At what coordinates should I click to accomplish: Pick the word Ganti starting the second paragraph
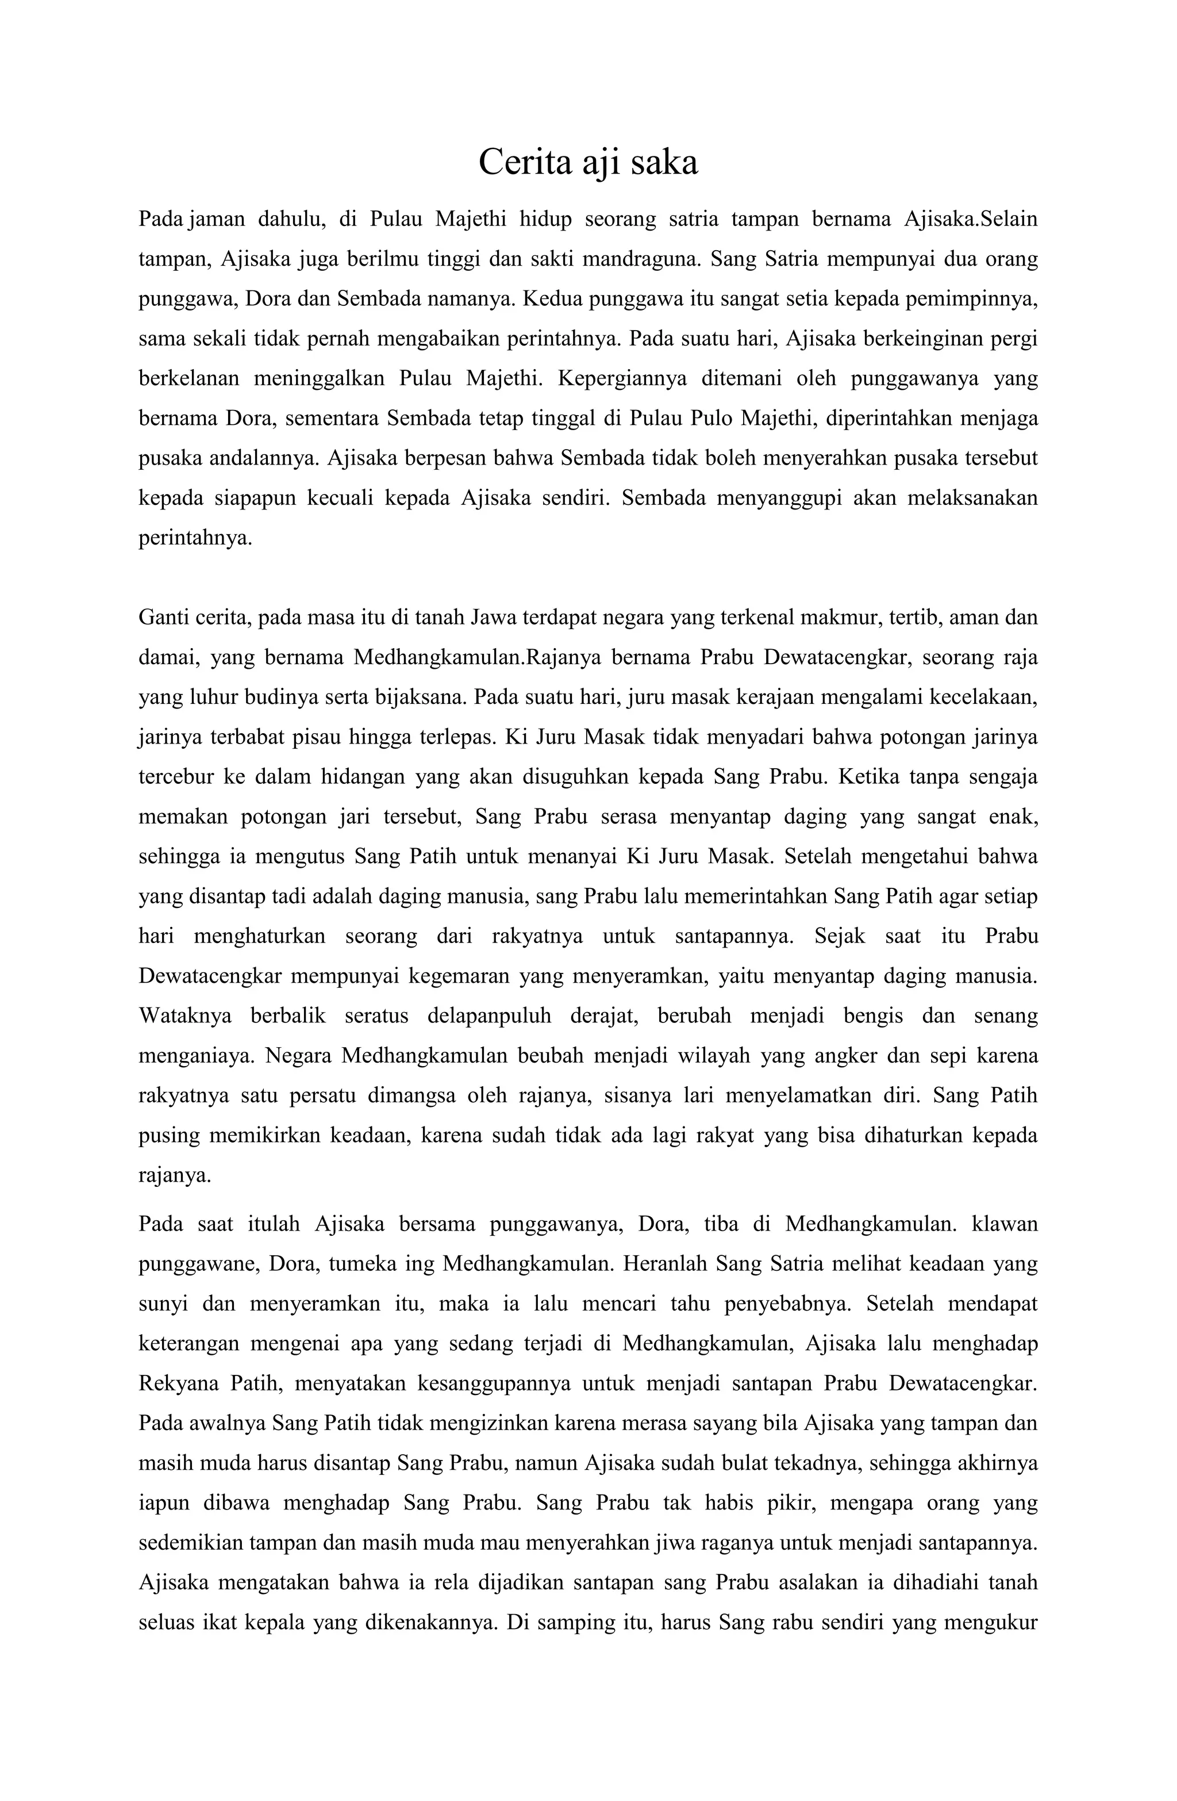coord(160,618)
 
